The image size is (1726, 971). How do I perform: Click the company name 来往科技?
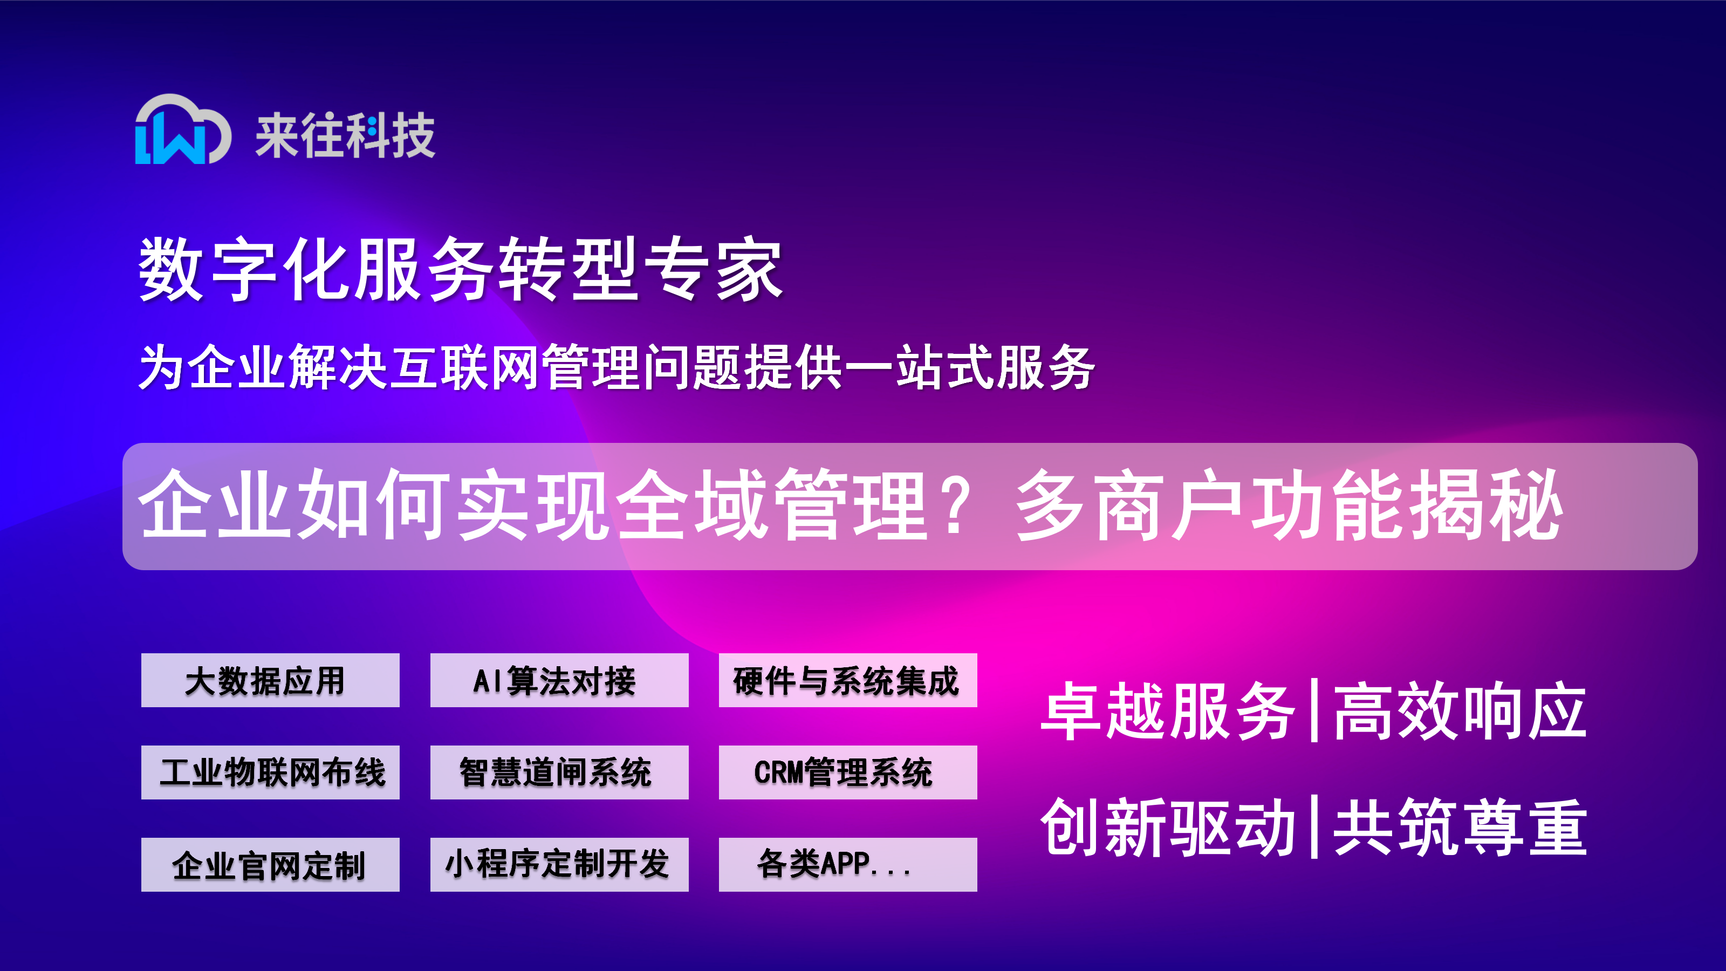[345, 136]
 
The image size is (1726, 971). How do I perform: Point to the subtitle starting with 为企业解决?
[617, 367]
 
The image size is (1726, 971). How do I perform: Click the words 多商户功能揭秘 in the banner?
[1290, 506]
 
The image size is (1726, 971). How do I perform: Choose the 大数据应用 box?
[270, 680]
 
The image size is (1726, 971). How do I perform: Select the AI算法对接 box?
[559, 680]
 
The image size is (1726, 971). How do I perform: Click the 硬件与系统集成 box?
[847, 680]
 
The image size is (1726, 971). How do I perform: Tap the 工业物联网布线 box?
[270, 772]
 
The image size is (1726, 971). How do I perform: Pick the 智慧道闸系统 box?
[559, 772]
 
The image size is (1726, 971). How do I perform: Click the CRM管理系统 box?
[847, 772]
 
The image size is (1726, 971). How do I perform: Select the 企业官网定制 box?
[270, 864]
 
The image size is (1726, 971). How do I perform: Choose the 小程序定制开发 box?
[559, 864]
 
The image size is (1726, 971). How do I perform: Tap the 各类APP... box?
[847, 864]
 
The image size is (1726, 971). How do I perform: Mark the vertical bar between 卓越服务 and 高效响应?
[1314, 710]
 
